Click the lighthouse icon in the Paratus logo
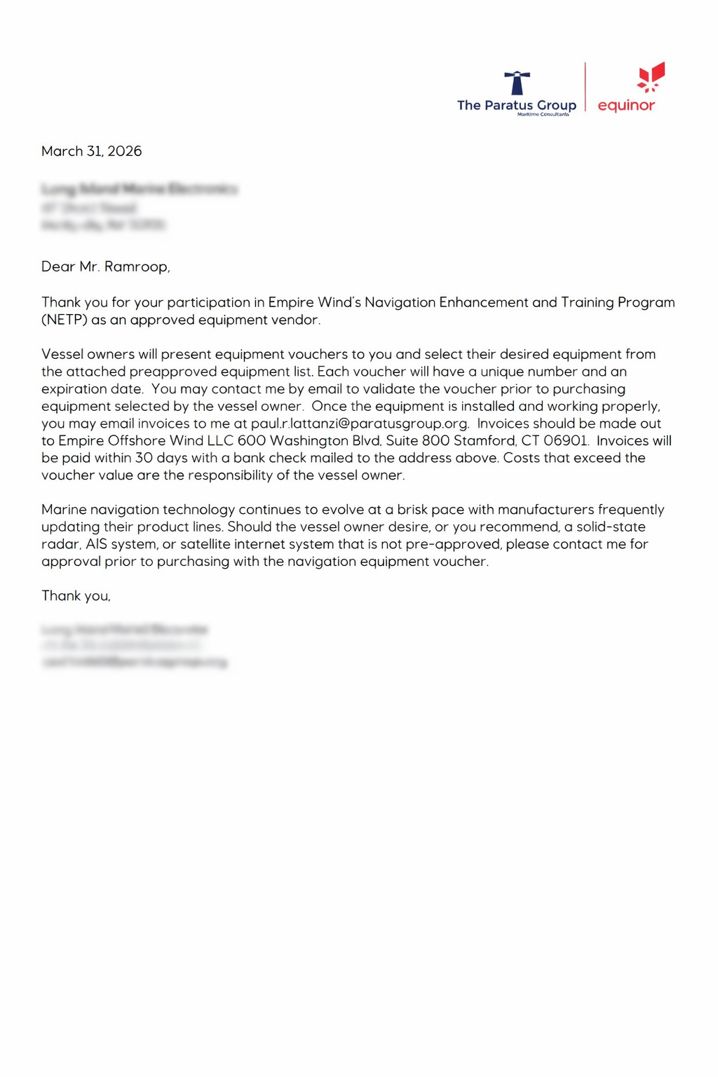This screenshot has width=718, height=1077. point(517,82)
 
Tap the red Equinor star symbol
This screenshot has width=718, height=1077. point(651,77)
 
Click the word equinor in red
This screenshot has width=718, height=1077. point(626,106)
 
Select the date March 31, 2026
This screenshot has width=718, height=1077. point(91,151)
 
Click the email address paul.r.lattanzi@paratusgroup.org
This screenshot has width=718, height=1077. point(359,424)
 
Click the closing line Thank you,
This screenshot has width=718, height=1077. point(76,596)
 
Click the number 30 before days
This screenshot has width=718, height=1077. point(144,458)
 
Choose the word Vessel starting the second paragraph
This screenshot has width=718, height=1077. point(62,354)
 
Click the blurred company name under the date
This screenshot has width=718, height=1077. point(140,189)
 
